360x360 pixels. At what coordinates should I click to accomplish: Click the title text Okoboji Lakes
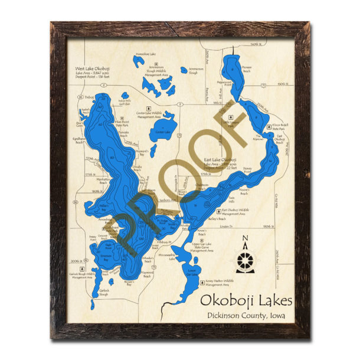pos(246,300)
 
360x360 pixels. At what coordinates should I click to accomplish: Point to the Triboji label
pos(89,97)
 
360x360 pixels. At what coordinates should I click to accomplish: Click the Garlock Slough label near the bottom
pos(104,293)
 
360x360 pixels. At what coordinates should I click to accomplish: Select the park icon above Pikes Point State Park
pos(121,100)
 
